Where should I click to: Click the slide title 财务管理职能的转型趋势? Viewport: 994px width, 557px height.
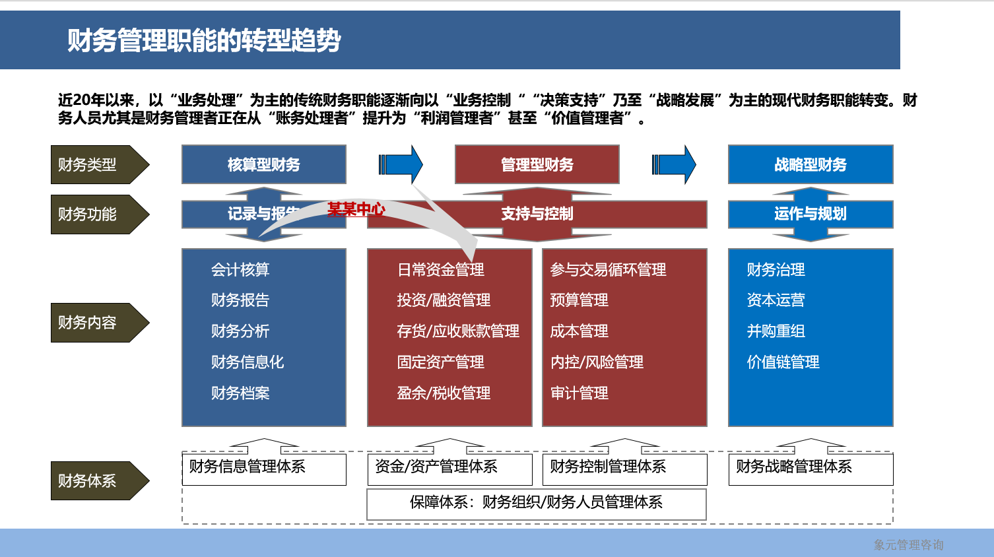204,40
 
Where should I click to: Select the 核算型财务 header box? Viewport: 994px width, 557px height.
264,164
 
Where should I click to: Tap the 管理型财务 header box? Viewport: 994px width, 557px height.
537,164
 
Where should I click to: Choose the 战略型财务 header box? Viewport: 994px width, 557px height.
811,164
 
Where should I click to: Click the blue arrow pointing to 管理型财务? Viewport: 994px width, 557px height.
401,164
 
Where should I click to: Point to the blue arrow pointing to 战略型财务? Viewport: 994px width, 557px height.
674,164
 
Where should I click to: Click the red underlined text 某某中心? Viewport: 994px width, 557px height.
356,210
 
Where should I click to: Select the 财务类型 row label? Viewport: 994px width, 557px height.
92,164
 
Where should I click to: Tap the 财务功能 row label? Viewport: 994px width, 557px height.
92,214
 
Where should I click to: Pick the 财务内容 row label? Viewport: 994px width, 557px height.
92,323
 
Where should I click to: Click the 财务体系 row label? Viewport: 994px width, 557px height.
92,480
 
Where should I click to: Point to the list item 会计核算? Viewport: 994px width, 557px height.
240,270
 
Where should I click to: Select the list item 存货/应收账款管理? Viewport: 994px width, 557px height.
458,331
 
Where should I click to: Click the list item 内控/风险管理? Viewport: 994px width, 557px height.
597,362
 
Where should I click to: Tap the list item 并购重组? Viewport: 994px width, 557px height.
776,331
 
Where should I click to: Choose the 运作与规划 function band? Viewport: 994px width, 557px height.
811,214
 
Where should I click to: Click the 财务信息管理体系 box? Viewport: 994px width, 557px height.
264,469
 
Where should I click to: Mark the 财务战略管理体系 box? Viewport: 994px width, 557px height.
811,469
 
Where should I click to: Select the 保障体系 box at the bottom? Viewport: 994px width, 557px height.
536,503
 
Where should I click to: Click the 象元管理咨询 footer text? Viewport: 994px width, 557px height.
908,545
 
